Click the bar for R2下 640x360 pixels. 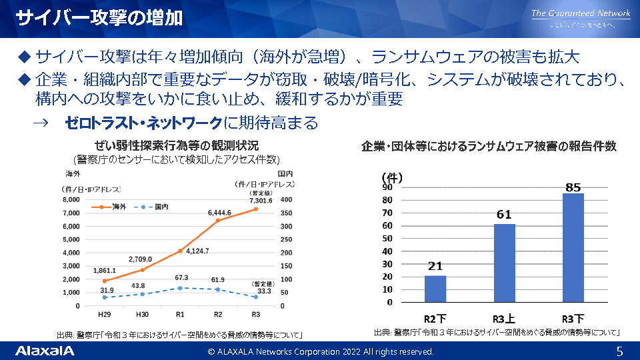point(435,289)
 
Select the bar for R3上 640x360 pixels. point(505,263)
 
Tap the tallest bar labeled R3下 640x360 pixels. point(573,247)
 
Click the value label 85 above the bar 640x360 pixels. point(573,188)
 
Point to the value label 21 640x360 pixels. point(435,267)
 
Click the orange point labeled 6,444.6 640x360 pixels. point(217,220)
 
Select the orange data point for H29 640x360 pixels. point(104,281)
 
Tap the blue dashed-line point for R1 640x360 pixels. point(180,288)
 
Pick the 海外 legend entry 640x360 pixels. point(113,207)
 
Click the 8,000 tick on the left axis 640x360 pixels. point(71,199)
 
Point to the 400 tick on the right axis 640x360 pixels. point(286,199)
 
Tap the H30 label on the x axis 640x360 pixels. point(142,315)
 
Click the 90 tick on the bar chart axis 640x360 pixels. point(387,187)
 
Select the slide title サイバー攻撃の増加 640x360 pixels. point(99,17)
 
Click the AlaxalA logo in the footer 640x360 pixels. point(45,351)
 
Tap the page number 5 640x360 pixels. point(619,351)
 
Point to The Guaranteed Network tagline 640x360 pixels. point(581,13)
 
